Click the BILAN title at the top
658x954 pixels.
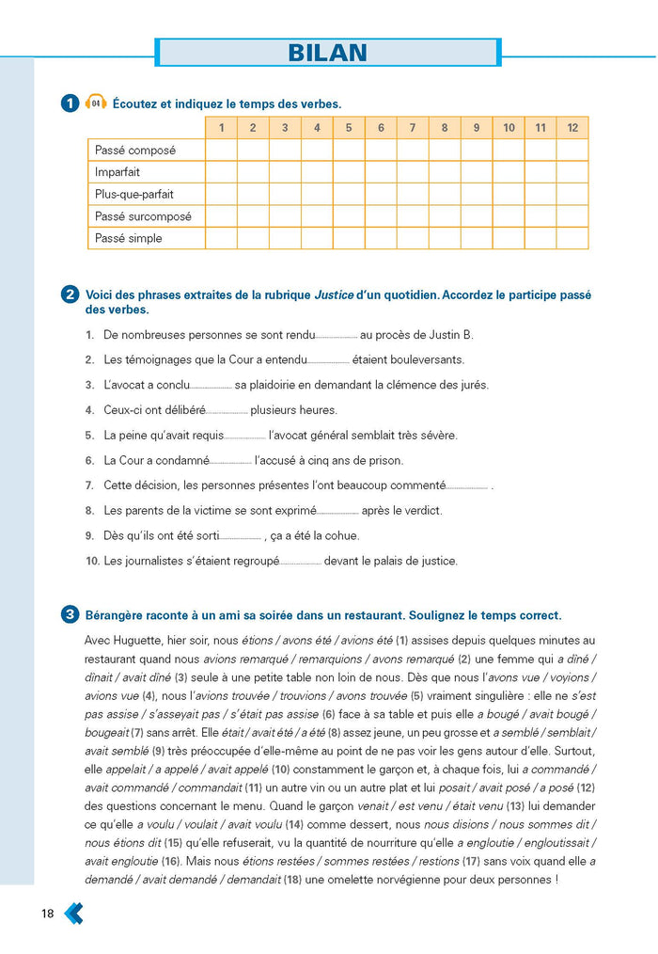[327, 52]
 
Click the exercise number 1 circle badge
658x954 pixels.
[70, 103]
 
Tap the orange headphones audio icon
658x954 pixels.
[95, 103]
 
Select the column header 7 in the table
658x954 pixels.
[413, 128]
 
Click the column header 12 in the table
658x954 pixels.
[572, 128]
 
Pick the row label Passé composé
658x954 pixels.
[135, 150]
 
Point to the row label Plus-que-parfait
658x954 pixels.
[134, 194]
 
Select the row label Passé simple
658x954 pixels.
[129, 238]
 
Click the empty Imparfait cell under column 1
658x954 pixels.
[221, 172]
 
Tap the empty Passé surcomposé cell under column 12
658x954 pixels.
[572, 216]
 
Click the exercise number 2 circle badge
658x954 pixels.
[70, 294]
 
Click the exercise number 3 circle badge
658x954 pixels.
[70, 615]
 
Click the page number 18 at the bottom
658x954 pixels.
[47, 914]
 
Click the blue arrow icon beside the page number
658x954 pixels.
[73, 913]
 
